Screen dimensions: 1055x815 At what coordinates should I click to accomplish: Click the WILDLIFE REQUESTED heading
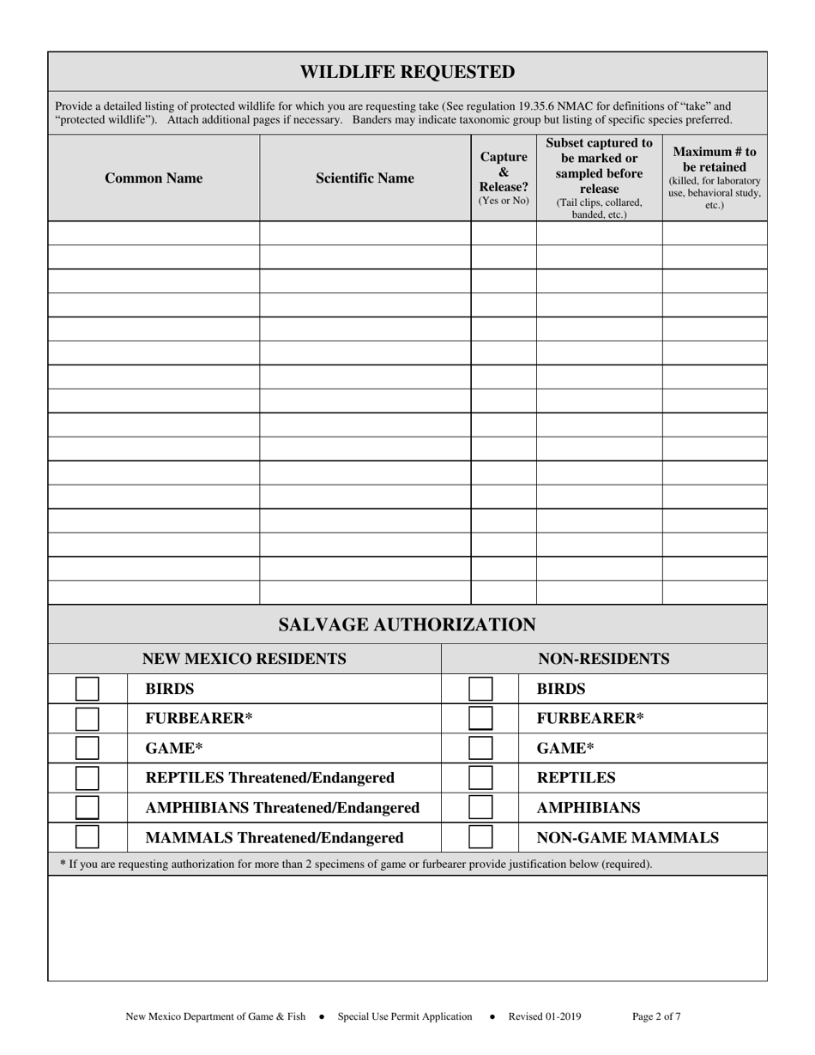[407, 72]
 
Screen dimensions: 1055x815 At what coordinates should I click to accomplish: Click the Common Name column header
[154, 178]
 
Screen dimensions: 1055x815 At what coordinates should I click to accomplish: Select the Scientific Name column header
[365, 178]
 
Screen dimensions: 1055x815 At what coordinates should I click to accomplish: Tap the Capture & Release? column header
[504, 178]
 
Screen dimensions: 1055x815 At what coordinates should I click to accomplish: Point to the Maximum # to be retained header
[715, 178]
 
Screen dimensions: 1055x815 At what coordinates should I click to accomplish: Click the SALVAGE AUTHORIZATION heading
[407, 625]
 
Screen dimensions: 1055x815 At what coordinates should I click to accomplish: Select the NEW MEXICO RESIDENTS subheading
[244, 659]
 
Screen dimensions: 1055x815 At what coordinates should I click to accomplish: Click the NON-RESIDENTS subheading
[604, 659]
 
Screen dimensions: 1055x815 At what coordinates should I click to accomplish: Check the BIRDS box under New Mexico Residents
[88, 689]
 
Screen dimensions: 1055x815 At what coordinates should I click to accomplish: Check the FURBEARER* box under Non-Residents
[480, 719]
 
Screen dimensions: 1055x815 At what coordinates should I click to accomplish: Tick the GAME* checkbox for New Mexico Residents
[88, 748]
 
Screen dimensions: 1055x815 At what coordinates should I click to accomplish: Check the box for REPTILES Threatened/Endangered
[88, 778]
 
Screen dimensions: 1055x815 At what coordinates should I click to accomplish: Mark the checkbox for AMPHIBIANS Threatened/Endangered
[88, 808]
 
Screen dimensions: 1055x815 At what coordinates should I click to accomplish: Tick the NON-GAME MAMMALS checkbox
[480, 838]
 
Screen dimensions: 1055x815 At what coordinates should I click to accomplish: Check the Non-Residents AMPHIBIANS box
[480, 808]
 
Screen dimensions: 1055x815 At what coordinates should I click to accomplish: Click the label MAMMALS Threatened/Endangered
[275, 838]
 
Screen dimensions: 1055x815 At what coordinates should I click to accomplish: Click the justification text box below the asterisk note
[407, 928]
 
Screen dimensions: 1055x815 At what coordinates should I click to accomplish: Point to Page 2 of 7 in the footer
[656, 1017]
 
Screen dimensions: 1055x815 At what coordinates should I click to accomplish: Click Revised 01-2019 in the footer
[545, 1017]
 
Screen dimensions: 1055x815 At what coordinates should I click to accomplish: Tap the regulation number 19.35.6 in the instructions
[530, 106]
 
